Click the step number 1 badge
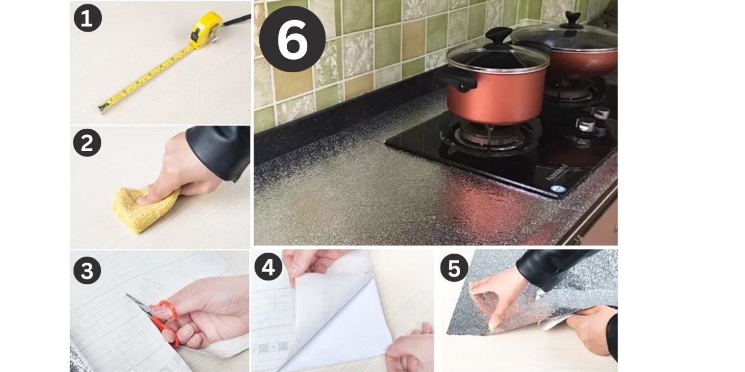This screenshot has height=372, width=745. [x=87, y=18]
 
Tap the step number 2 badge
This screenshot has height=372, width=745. [x=87, y=143]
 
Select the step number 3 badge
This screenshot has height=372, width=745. [x=87, y=270]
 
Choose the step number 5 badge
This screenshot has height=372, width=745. [x=454, y=268]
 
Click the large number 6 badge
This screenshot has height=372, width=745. [x=292, y=39]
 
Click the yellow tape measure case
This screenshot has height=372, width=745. [x=205, y=29]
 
